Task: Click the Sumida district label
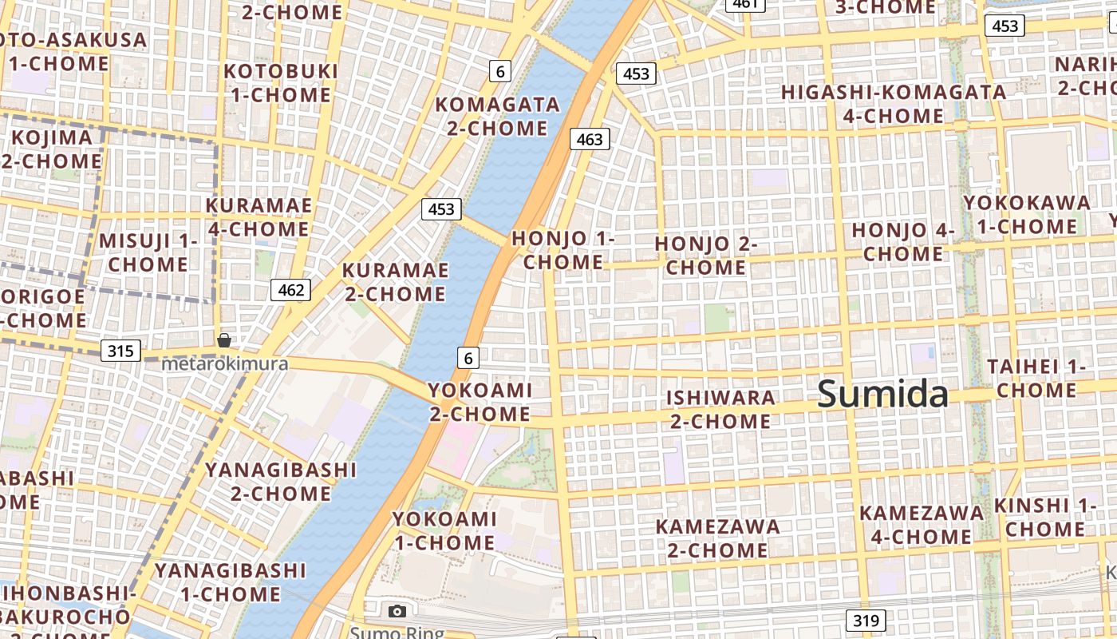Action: point(882,394)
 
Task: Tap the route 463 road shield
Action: point(590,139)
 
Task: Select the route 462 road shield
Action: point(290,289)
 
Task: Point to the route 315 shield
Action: point(121,350)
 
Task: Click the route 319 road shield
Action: point(865,620)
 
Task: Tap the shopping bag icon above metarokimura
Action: point(224,341)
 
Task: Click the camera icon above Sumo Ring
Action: point(397,611)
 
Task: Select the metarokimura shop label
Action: point(224,364)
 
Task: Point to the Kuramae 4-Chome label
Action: point(258,217)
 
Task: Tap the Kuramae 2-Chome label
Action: point(395,282)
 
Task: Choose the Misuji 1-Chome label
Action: point(148,252)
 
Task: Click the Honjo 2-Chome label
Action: point(705,256)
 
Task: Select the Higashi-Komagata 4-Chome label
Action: point(893,104)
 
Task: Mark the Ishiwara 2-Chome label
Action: point(720,409)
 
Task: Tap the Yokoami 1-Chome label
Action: point(444,530)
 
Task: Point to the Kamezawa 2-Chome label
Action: point(717,538)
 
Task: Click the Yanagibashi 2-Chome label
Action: point(281,481)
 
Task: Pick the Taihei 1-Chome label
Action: point(1036,379)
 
